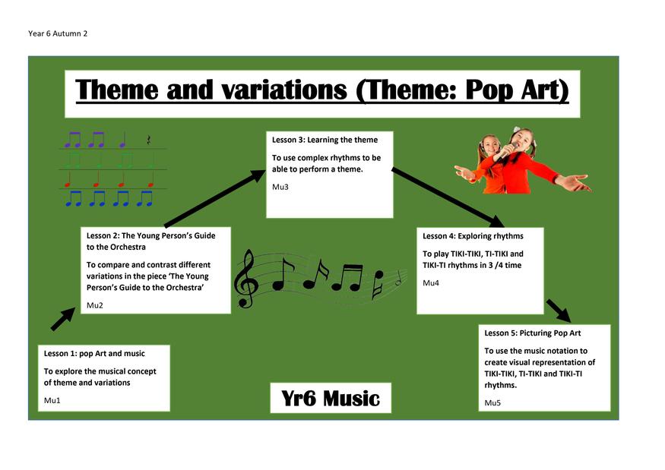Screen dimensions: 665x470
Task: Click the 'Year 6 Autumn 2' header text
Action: pos(58,33)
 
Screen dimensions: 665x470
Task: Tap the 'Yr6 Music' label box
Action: pos(331,398)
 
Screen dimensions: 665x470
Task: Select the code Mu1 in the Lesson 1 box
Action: pos(52,400)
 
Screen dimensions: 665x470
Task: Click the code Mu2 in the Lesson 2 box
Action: pos(94,305)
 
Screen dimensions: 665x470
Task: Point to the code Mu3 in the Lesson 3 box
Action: pos(280,187)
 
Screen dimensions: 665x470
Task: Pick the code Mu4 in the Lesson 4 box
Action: pos(430,282)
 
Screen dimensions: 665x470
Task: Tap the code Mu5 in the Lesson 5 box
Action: pos(492,402)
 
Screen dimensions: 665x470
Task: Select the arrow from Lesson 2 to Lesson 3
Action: pos(215,198)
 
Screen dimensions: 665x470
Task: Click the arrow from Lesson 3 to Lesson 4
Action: pos(448,197)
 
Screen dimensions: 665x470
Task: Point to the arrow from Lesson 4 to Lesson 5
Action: pos(559,311)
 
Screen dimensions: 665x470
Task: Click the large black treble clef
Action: pos(245,279)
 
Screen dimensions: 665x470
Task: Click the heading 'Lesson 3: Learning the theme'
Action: pos(325,140)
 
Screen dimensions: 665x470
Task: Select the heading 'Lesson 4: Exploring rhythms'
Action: pos(473,236)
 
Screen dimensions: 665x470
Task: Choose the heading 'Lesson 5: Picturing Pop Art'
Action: pos(533,333)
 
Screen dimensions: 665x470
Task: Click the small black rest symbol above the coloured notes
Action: pos(148,140)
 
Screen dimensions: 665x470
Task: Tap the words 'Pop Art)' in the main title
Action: pos(517,90)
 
